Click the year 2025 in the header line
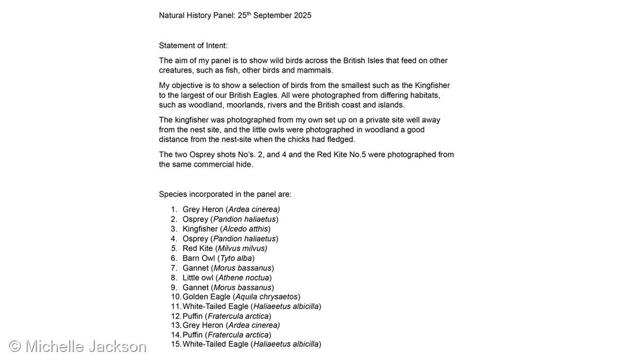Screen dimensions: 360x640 (x=302, y=15)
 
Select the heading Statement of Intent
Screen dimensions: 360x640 (x=193, y=46)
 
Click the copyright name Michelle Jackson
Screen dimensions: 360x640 (x=85, y=346)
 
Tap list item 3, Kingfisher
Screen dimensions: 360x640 (x=200, y=229)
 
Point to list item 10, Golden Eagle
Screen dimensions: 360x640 (x=206, y=297)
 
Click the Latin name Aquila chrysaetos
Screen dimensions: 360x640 (x=267, y=297)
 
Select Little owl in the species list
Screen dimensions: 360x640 (x=198, y=277)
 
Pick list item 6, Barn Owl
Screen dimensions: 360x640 (x=198, y=258)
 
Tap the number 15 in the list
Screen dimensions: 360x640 (x=175, y=344)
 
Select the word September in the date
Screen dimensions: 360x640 (x=270, y=15)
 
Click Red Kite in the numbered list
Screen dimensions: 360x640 (x=197, y=249)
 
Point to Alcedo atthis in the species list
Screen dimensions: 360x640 (x=245, y=229)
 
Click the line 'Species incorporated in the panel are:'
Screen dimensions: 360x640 (x=225, y=194)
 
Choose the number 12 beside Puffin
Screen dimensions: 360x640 (x=175, y=316)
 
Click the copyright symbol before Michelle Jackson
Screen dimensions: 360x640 (x=15, y=346)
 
